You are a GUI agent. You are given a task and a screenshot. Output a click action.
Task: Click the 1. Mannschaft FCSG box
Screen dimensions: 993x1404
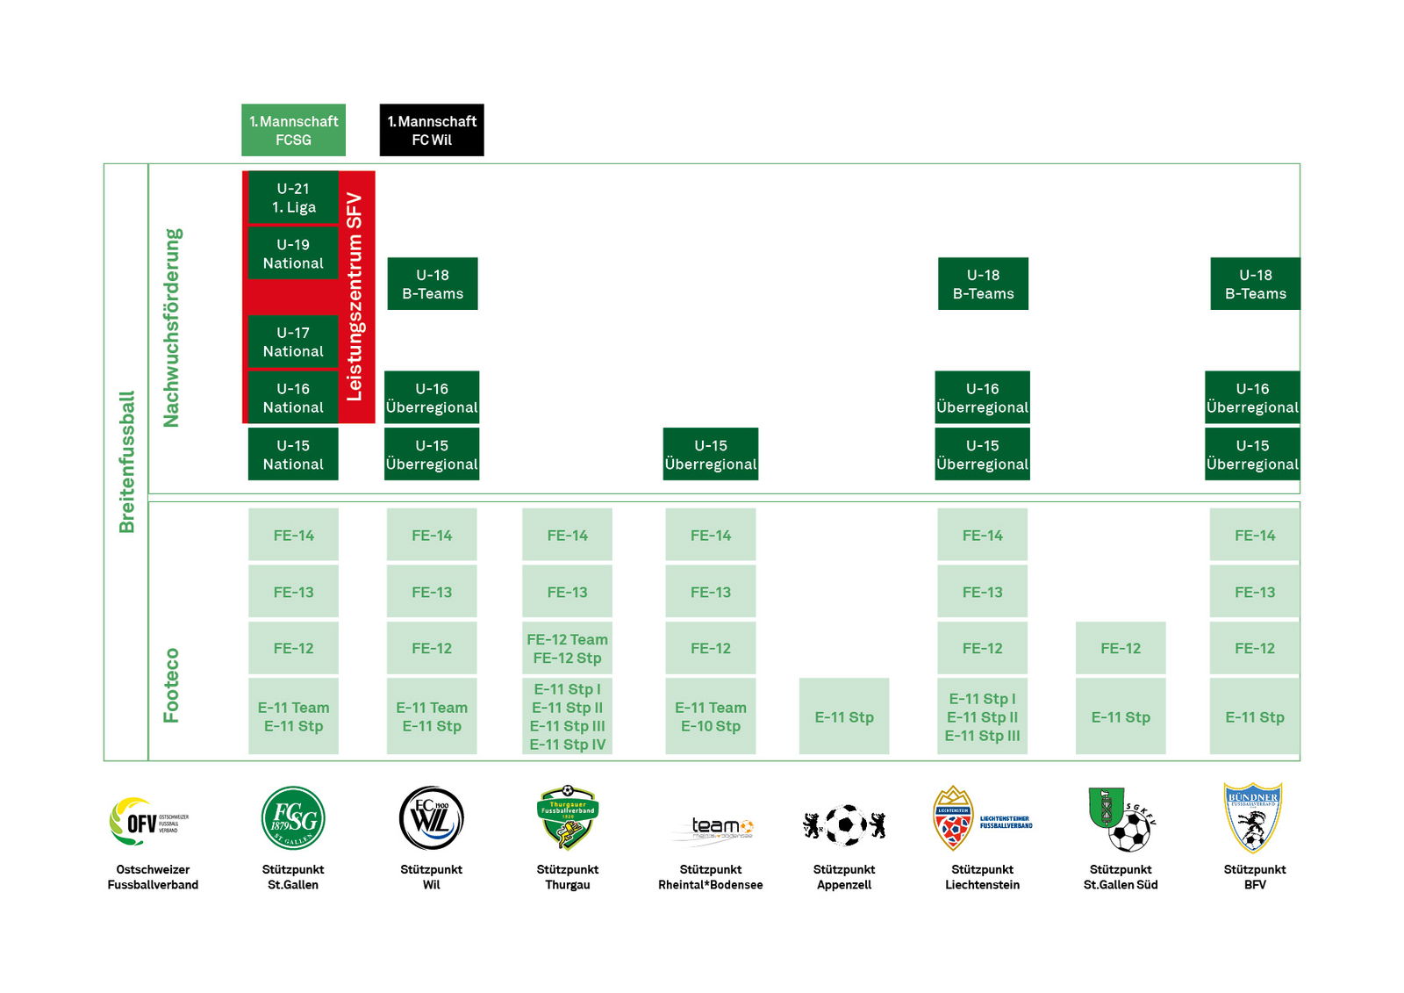tap(293, 130)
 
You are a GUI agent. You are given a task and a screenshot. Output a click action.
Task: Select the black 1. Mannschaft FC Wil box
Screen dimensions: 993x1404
tap(432, 130)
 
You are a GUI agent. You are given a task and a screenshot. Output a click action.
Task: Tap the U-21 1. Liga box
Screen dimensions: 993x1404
tap(293, 198)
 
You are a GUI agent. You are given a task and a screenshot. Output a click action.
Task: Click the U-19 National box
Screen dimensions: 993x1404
tap(293, 254)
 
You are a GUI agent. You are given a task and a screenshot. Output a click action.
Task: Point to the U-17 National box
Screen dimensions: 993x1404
tap(293, 342)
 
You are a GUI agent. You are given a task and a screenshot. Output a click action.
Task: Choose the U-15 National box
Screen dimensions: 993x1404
tap(293, 454)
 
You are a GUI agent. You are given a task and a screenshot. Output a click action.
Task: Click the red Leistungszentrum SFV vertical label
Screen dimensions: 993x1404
tap(355, 297)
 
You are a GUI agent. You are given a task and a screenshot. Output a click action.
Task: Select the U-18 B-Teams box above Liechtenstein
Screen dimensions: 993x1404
tap(983, 284)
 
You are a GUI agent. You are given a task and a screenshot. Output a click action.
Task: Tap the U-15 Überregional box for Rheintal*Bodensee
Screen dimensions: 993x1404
tap(711, 454)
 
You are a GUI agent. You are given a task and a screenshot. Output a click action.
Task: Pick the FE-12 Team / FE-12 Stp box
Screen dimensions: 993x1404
tap(567, 648)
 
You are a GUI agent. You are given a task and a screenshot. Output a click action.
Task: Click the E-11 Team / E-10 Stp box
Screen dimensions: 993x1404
tap(711, 716)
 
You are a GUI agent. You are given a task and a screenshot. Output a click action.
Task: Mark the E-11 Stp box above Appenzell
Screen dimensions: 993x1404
tap(844, 716)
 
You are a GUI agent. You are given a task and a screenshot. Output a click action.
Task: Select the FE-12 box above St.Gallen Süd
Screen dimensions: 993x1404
tap(1121, 648)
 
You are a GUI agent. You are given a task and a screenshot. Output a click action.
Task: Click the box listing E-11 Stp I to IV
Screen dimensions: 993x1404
tap(567, 716)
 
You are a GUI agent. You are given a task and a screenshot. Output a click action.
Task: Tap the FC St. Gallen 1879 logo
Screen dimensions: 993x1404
tap(293, 818)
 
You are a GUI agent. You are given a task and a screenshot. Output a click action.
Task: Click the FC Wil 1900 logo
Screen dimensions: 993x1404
tap(431, 818)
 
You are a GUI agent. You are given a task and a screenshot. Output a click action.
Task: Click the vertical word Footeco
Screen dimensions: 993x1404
tap(171, 685)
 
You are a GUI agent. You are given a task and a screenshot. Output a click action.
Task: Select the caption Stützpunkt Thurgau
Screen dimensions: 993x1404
tap(567, 877)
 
